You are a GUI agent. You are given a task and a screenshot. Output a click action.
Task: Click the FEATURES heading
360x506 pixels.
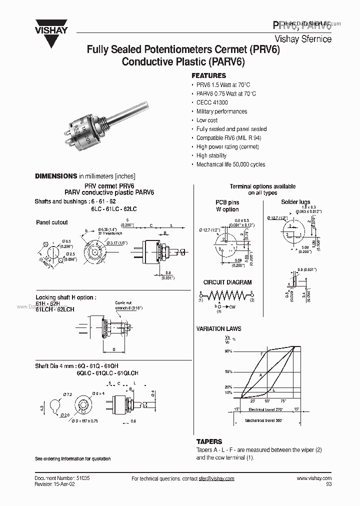click(208, 76)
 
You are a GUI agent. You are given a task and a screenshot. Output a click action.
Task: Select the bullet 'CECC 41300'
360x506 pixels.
click(211, 102)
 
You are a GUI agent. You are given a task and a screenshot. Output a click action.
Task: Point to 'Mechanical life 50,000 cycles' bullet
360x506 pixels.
click(230, 164)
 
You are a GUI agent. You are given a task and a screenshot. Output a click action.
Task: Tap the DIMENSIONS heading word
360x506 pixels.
click(55, 176)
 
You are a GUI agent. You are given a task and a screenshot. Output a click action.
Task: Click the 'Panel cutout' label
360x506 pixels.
click(51, 222)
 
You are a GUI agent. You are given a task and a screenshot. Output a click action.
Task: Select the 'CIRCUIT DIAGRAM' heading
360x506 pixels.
click(227, 282)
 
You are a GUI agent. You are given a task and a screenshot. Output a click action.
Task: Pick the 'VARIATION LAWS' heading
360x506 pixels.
click(218, 329)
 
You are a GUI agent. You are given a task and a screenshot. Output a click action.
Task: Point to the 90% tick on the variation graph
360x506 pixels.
click(228, 351)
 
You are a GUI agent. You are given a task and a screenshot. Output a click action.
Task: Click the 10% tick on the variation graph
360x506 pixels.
click(228, 393)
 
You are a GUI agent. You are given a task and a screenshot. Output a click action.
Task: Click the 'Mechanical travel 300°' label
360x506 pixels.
click(263, 421)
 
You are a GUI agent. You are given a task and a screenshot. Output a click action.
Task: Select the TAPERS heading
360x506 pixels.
click(209, 442)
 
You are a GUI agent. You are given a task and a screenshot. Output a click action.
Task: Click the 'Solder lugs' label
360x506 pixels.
click(295, 202)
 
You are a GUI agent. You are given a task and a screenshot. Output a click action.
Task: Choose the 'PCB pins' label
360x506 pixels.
click(227, 202)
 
